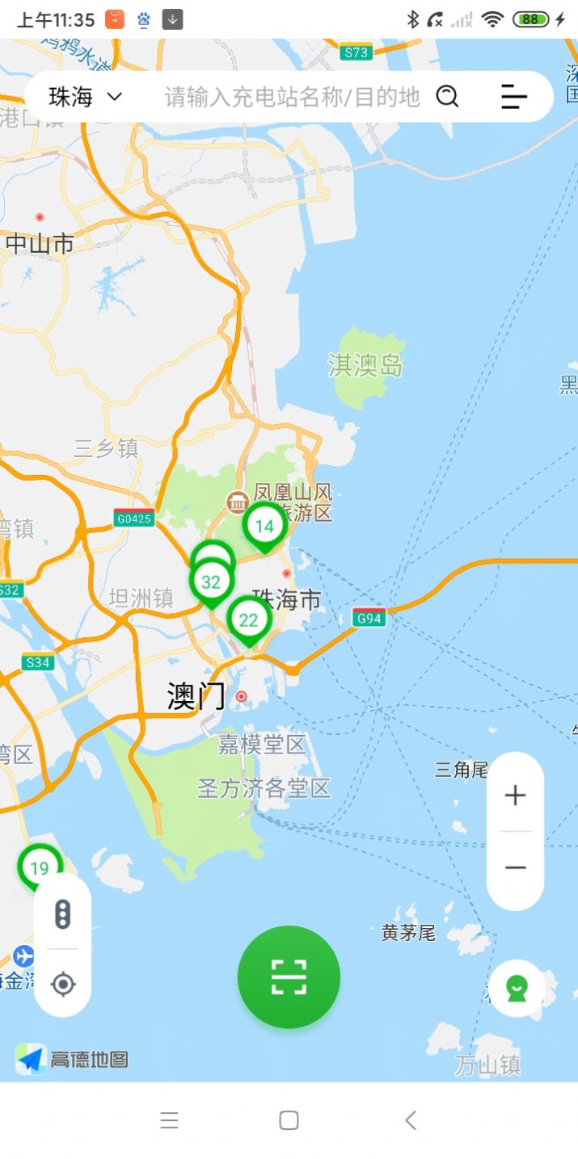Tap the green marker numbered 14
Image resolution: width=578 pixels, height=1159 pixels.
coord(264,527)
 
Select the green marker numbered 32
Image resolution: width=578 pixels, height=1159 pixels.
coord(211,582)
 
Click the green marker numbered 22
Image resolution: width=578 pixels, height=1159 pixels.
coord(248,620)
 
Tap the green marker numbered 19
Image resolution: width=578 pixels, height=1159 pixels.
coord(40,868)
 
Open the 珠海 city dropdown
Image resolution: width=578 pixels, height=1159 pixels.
coord(85,97)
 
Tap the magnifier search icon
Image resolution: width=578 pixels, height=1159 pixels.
coord(447,97)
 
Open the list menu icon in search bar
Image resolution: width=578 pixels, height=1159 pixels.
coord(514,97)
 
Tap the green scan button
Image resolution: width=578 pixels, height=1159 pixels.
coord(289,976)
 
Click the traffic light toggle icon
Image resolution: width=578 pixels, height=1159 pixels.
coord(62,914)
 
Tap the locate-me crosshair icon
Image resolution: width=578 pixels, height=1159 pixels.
coord(62,984)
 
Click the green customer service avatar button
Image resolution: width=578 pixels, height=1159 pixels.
coord(517,989)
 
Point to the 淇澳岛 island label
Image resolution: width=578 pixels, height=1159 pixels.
coord(365,365)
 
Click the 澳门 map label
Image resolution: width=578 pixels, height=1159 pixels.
coord(196,696)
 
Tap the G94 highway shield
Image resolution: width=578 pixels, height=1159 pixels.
coord(369,619)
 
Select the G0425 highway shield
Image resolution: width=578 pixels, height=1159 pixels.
coord(133,519)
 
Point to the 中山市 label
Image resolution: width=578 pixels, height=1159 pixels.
coord(40,244)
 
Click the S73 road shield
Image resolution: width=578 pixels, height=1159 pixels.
coord(356,52)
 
